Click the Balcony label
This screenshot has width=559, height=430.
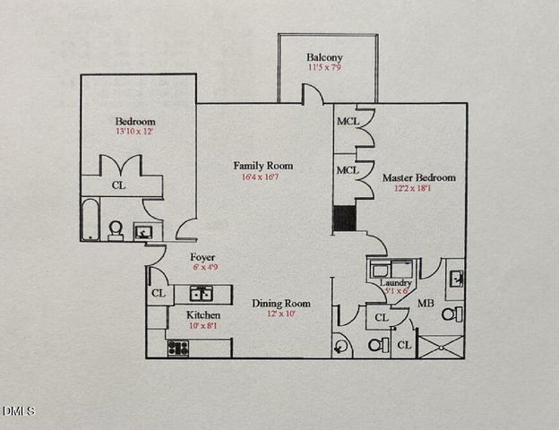324,57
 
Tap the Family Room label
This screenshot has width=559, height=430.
263,166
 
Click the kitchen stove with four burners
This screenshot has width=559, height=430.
178,348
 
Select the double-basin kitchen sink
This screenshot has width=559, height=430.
200,293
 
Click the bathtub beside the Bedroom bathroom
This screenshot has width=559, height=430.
90,220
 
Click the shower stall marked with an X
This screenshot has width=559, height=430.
441,346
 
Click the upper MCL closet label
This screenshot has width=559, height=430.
347,122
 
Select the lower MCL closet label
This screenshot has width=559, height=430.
347,169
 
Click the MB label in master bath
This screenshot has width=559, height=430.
426,303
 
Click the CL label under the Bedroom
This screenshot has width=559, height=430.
118,186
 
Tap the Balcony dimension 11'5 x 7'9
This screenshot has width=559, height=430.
324,68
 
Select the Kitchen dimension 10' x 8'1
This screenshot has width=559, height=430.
202,326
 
